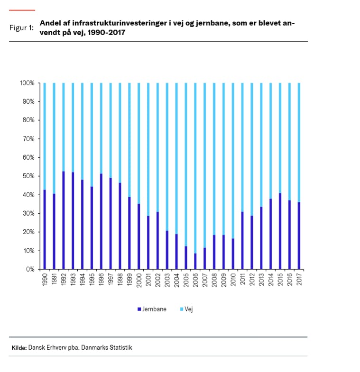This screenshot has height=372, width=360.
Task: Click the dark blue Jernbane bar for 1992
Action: tap(63, 220)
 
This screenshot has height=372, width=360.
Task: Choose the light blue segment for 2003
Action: tap(166, 157)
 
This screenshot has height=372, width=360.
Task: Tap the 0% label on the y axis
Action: tap(30, 269)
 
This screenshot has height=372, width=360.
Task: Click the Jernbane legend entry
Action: tap(155, 309)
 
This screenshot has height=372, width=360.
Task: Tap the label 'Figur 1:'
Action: tap(21, 27)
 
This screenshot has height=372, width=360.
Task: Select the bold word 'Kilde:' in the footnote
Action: tap(19, 347)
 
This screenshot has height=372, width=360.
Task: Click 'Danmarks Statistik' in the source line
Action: tap(107, 347)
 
